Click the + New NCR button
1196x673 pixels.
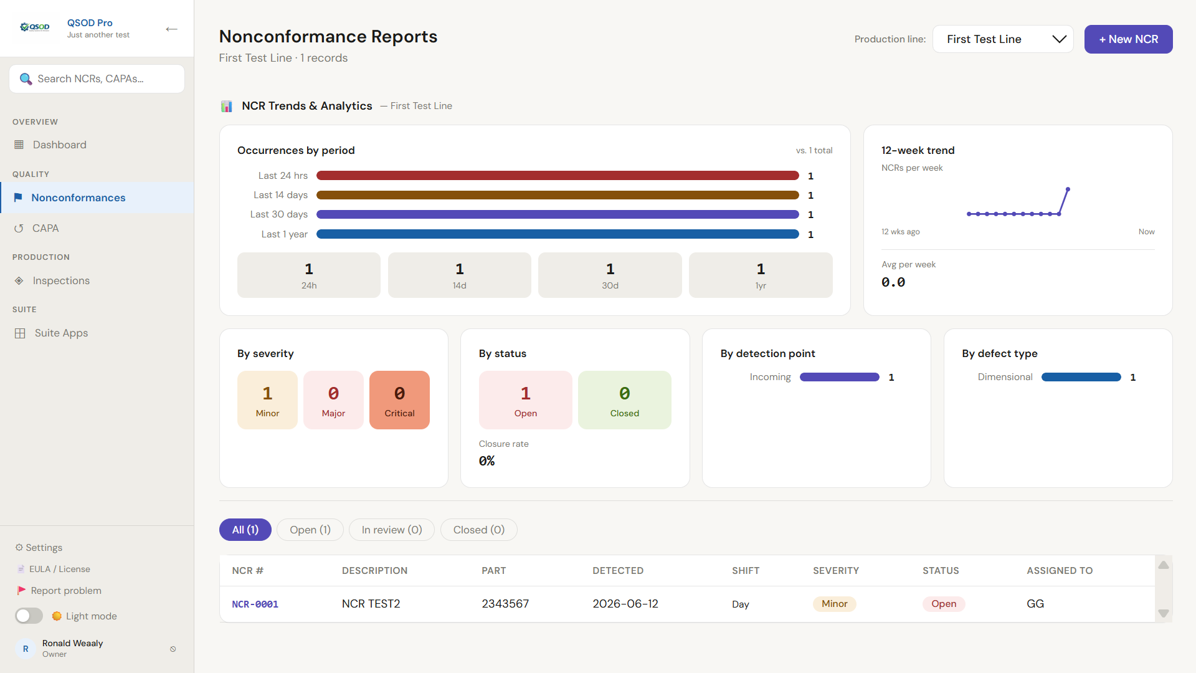click(x=1128, y=39)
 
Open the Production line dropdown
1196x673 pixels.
click(x=1003, y=39)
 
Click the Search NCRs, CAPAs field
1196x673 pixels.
click(x=97, y=79)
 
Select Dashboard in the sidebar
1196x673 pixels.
click(x=59, y=145)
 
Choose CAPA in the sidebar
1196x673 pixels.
click(x=45, y=228)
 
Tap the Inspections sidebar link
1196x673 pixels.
click(x=60, y=280)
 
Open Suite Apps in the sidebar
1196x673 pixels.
click(x=60, y=333)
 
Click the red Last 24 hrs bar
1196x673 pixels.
click(x=558, y=176)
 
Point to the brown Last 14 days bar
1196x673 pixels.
click(x=558, y=195)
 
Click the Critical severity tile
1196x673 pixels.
click(x=399, y=400)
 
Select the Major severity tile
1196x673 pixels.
click(x=333, y=400)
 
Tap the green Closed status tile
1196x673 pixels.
click(x=625, y=400)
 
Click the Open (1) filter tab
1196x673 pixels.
click(x=310, y=530)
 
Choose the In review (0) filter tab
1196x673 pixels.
click(x=392, y=530)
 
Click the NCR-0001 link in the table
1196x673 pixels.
click(x=255, y=604)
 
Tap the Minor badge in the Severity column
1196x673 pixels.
click(x=834, y=604)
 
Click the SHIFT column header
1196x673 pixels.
click(x=746, y=571)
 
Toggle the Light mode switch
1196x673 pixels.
click(x=29, y=616)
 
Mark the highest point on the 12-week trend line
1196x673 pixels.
click(x=1068, y=189)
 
